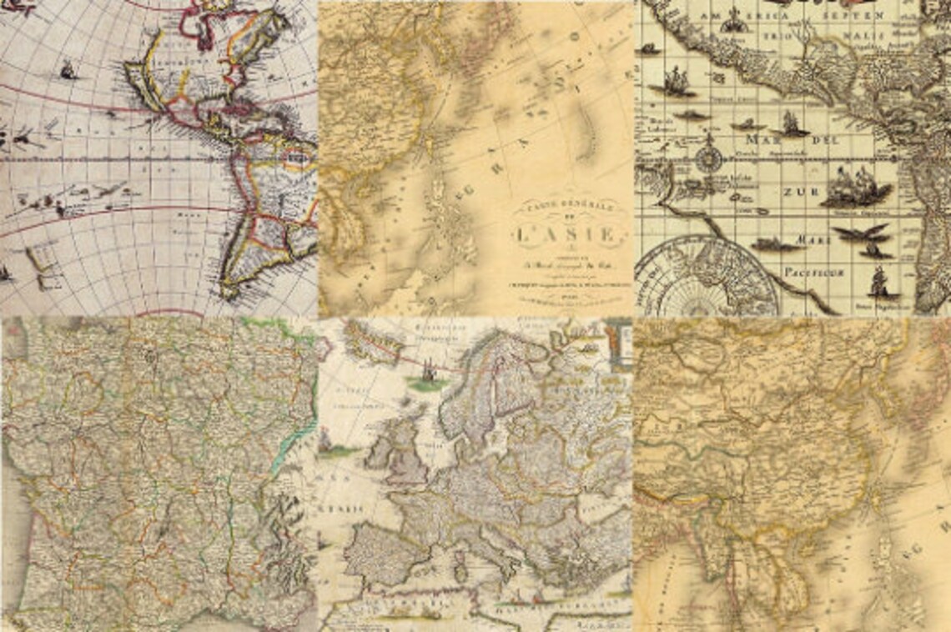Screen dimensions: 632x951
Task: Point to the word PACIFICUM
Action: point(813,272)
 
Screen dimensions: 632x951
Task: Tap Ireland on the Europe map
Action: point(379,454)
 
